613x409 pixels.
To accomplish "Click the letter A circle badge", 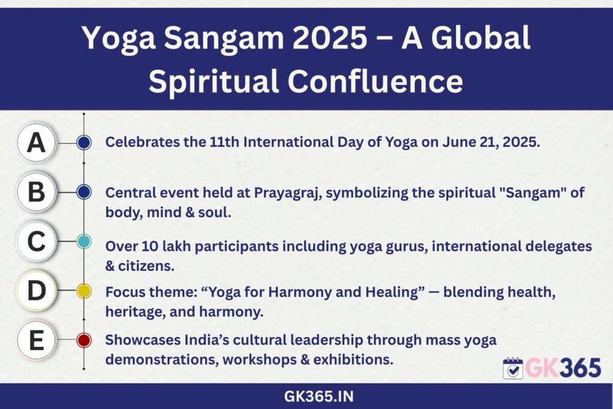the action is point(37,143).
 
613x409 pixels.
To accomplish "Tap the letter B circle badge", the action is point(37,192).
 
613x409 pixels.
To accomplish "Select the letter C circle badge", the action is point(37,241).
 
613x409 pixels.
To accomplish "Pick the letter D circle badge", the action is point(37,291).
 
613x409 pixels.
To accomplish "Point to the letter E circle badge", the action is point(37,340).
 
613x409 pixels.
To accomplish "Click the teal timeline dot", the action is point(84,242).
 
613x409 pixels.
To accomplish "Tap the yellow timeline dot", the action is point(84,291).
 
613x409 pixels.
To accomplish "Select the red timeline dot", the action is point(84,340).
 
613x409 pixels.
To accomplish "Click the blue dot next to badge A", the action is point(84,143).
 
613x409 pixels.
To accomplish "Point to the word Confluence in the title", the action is point(375,81).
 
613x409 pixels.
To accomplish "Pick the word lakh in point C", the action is point(176,246).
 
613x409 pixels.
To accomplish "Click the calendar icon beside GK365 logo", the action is point(513,368).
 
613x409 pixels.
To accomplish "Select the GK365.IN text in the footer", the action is point(319,396).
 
